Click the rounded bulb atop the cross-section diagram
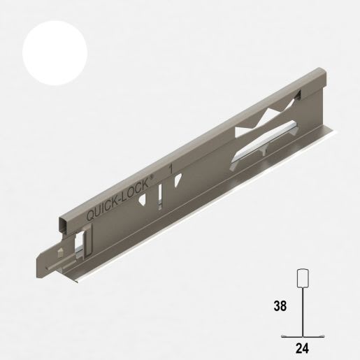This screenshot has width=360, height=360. coord(304,278)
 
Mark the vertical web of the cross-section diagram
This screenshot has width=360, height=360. coord(304,311)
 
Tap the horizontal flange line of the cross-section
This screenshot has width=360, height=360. coord(304,336)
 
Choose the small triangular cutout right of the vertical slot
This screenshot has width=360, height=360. coord(178,180)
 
